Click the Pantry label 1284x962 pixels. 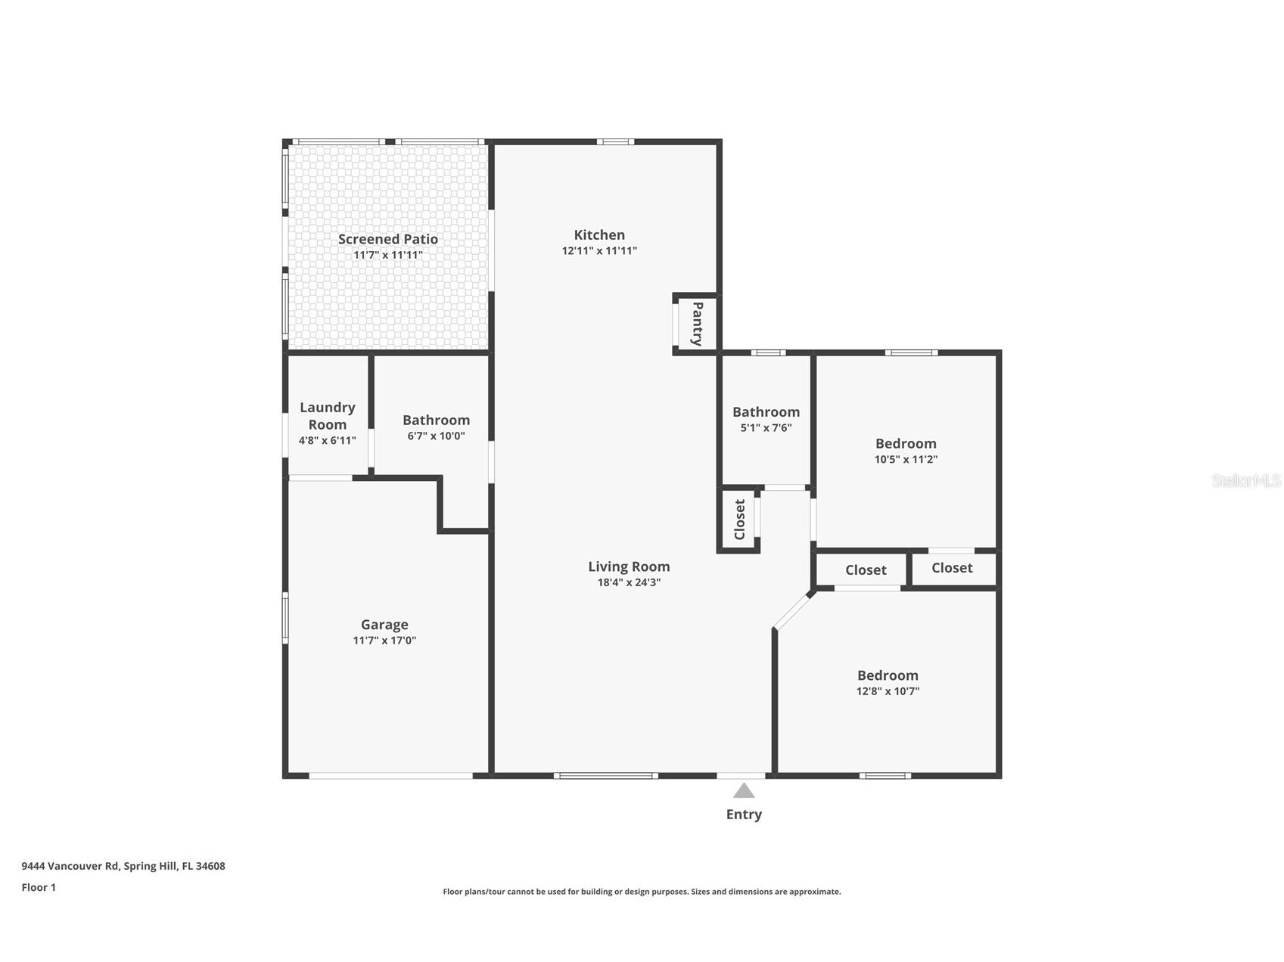(x=697, y=324)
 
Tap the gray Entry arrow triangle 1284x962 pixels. (x=744, y=791)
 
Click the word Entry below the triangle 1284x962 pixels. (x=744, y=815)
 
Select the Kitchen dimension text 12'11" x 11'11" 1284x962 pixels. (x=599, y=251)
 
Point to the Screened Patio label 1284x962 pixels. (x=387, y=239)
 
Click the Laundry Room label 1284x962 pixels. (x=327, y=416)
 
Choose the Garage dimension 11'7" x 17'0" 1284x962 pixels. (x=384, y=641)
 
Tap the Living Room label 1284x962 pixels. (x=629, y=566)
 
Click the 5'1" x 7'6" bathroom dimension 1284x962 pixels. (x=766, y=428)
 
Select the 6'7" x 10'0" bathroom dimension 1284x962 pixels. (x=436, y=436)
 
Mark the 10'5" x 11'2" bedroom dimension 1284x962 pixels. (x=906, y=459)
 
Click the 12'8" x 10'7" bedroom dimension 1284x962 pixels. (x=888, y=691)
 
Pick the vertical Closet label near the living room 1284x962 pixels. (x=739, y=520)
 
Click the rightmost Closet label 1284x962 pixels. (x=952, y=568)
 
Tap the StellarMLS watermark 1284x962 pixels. (x=1246, y=480)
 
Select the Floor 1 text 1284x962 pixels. (x=39, y=888)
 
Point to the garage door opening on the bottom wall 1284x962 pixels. (x=390, y=776)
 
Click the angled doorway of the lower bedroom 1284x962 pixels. (x=793, y=610)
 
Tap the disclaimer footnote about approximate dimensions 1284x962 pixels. (x=642, y=892)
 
